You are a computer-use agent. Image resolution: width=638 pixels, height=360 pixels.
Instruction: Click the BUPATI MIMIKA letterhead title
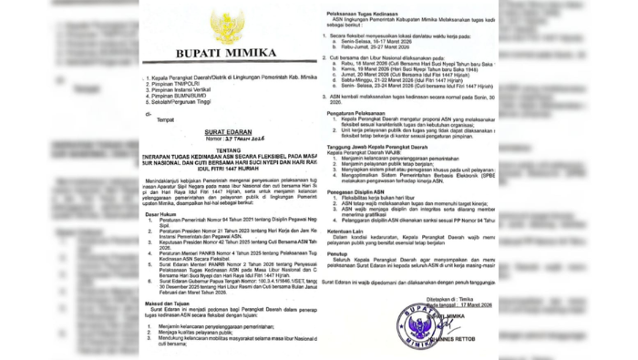click(226, 54)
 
